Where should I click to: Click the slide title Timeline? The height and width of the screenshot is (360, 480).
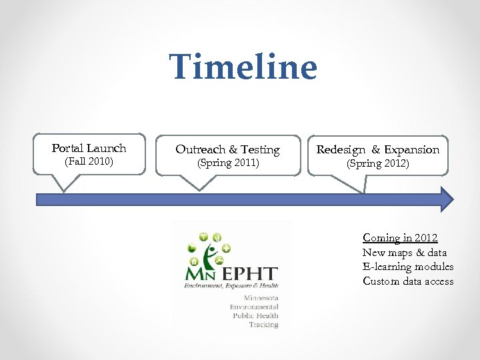tap(243, 67)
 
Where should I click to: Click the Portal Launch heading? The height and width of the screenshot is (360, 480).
tap(89, 148)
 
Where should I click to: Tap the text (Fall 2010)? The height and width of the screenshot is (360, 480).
tap(89, 162)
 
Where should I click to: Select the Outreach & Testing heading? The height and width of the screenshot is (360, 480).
tap(227, 150)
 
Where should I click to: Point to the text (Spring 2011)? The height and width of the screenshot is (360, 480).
tap(227, 163)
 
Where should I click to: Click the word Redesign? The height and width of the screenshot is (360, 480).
tap(341, 150)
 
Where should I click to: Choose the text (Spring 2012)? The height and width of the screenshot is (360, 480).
tap(377, 163)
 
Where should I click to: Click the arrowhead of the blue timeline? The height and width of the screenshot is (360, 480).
tap(446, 199)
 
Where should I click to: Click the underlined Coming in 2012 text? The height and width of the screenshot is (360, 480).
tap(400, 238)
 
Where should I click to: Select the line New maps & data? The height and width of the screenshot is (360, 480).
tap(405, 253)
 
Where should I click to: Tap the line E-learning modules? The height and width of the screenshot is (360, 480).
tap(408, 267)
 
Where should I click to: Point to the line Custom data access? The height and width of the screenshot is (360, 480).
tap(408, 281)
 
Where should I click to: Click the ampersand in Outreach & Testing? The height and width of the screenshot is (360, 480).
tap(233, 150)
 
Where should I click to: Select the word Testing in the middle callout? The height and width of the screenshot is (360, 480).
tap(260, 150)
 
